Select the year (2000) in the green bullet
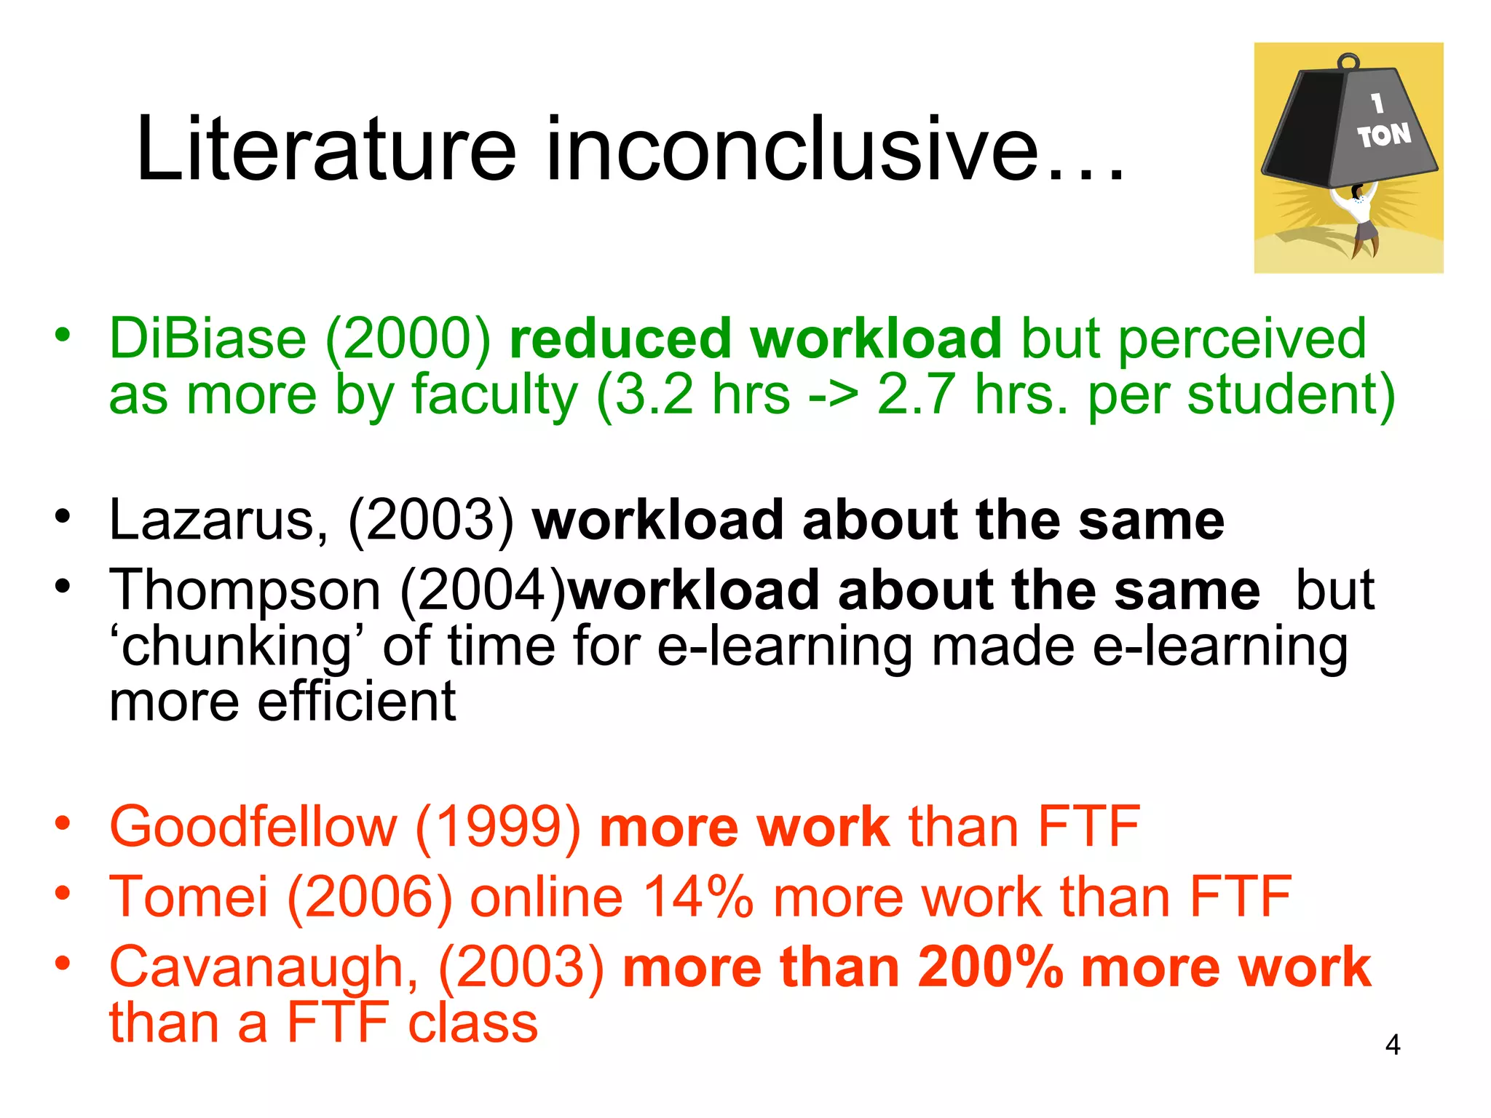tap(408, 339)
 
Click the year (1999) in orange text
tap(498, 827)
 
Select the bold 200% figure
tap(990, 967)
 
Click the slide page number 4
tap(1392, 1045)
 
